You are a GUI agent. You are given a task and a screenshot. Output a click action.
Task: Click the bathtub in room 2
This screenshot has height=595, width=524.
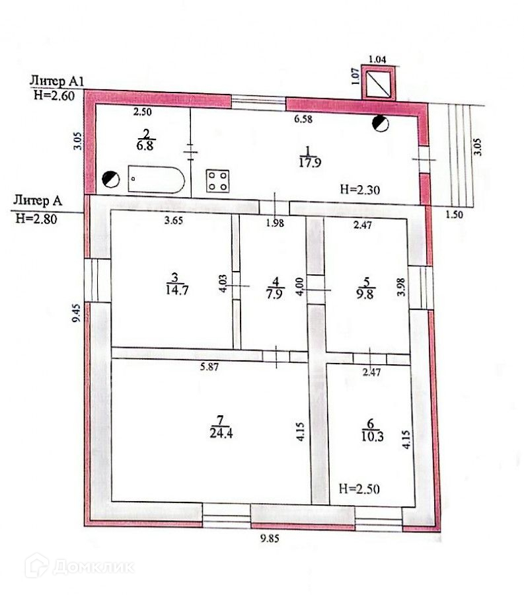[156, 179]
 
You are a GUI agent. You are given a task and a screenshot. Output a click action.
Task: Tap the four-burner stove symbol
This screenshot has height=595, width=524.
[217, 180]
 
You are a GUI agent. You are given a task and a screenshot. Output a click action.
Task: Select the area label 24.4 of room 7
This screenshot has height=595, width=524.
[221, 433]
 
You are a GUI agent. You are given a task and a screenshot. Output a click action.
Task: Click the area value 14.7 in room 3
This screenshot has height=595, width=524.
[176, 290]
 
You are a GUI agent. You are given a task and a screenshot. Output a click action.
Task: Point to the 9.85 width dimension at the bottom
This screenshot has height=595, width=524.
[270, 538]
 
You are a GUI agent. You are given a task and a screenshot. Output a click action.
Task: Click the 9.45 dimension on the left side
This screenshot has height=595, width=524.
[77, 313]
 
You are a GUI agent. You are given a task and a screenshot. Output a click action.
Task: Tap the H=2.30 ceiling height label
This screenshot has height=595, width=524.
[359, 189]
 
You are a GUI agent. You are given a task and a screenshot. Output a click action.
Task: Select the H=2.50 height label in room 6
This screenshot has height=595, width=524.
[359, 489]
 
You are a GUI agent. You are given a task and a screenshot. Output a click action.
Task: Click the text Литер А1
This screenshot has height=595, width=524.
[57, 81]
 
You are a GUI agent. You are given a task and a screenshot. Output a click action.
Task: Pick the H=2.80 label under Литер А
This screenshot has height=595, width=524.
[36, 219]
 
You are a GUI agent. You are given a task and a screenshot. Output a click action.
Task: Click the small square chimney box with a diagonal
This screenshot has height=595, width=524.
[379, 83]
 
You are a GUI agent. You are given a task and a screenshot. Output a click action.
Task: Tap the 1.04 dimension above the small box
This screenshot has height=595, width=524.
[377, 59]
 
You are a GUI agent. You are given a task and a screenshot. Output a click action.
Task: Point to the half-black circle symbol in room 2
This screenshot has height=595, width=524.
[111, 179]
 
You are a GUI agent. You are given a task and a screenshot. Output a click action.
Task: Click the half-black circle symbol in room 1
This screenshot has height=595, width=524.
[381, 124]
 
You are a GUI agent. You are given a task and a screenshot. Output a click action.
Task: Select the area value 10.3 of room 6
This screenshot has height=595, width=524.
[372, 437]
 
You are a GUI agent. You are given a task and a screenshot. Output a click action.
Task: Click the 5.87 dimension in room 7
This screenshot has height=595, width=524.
[209, 366]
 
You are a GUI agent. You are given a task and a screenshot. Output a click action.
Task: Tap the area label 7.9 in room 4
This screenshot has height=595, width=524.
[274, 294]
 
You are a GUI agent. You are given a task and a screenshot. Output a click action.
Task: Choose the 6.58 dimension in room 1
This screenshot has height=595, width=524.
[303, 119]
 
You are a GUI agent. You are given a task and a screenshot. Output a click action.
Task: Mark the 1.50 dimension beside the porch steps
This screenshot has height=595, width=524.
[454, 215]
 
